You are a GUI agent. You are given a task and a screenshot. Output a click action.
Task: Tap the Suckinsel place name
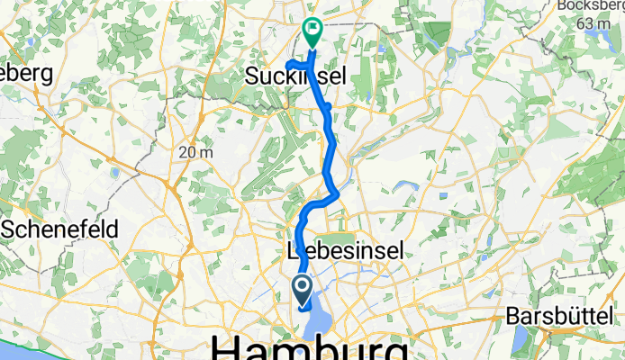coord(294,79)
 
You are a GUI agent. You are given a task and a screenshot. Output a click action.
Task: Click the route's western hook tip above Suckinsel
coord(287,64)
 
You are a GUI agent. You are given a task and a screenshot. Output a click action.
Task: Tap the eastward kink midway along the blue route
coord(337,191)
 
